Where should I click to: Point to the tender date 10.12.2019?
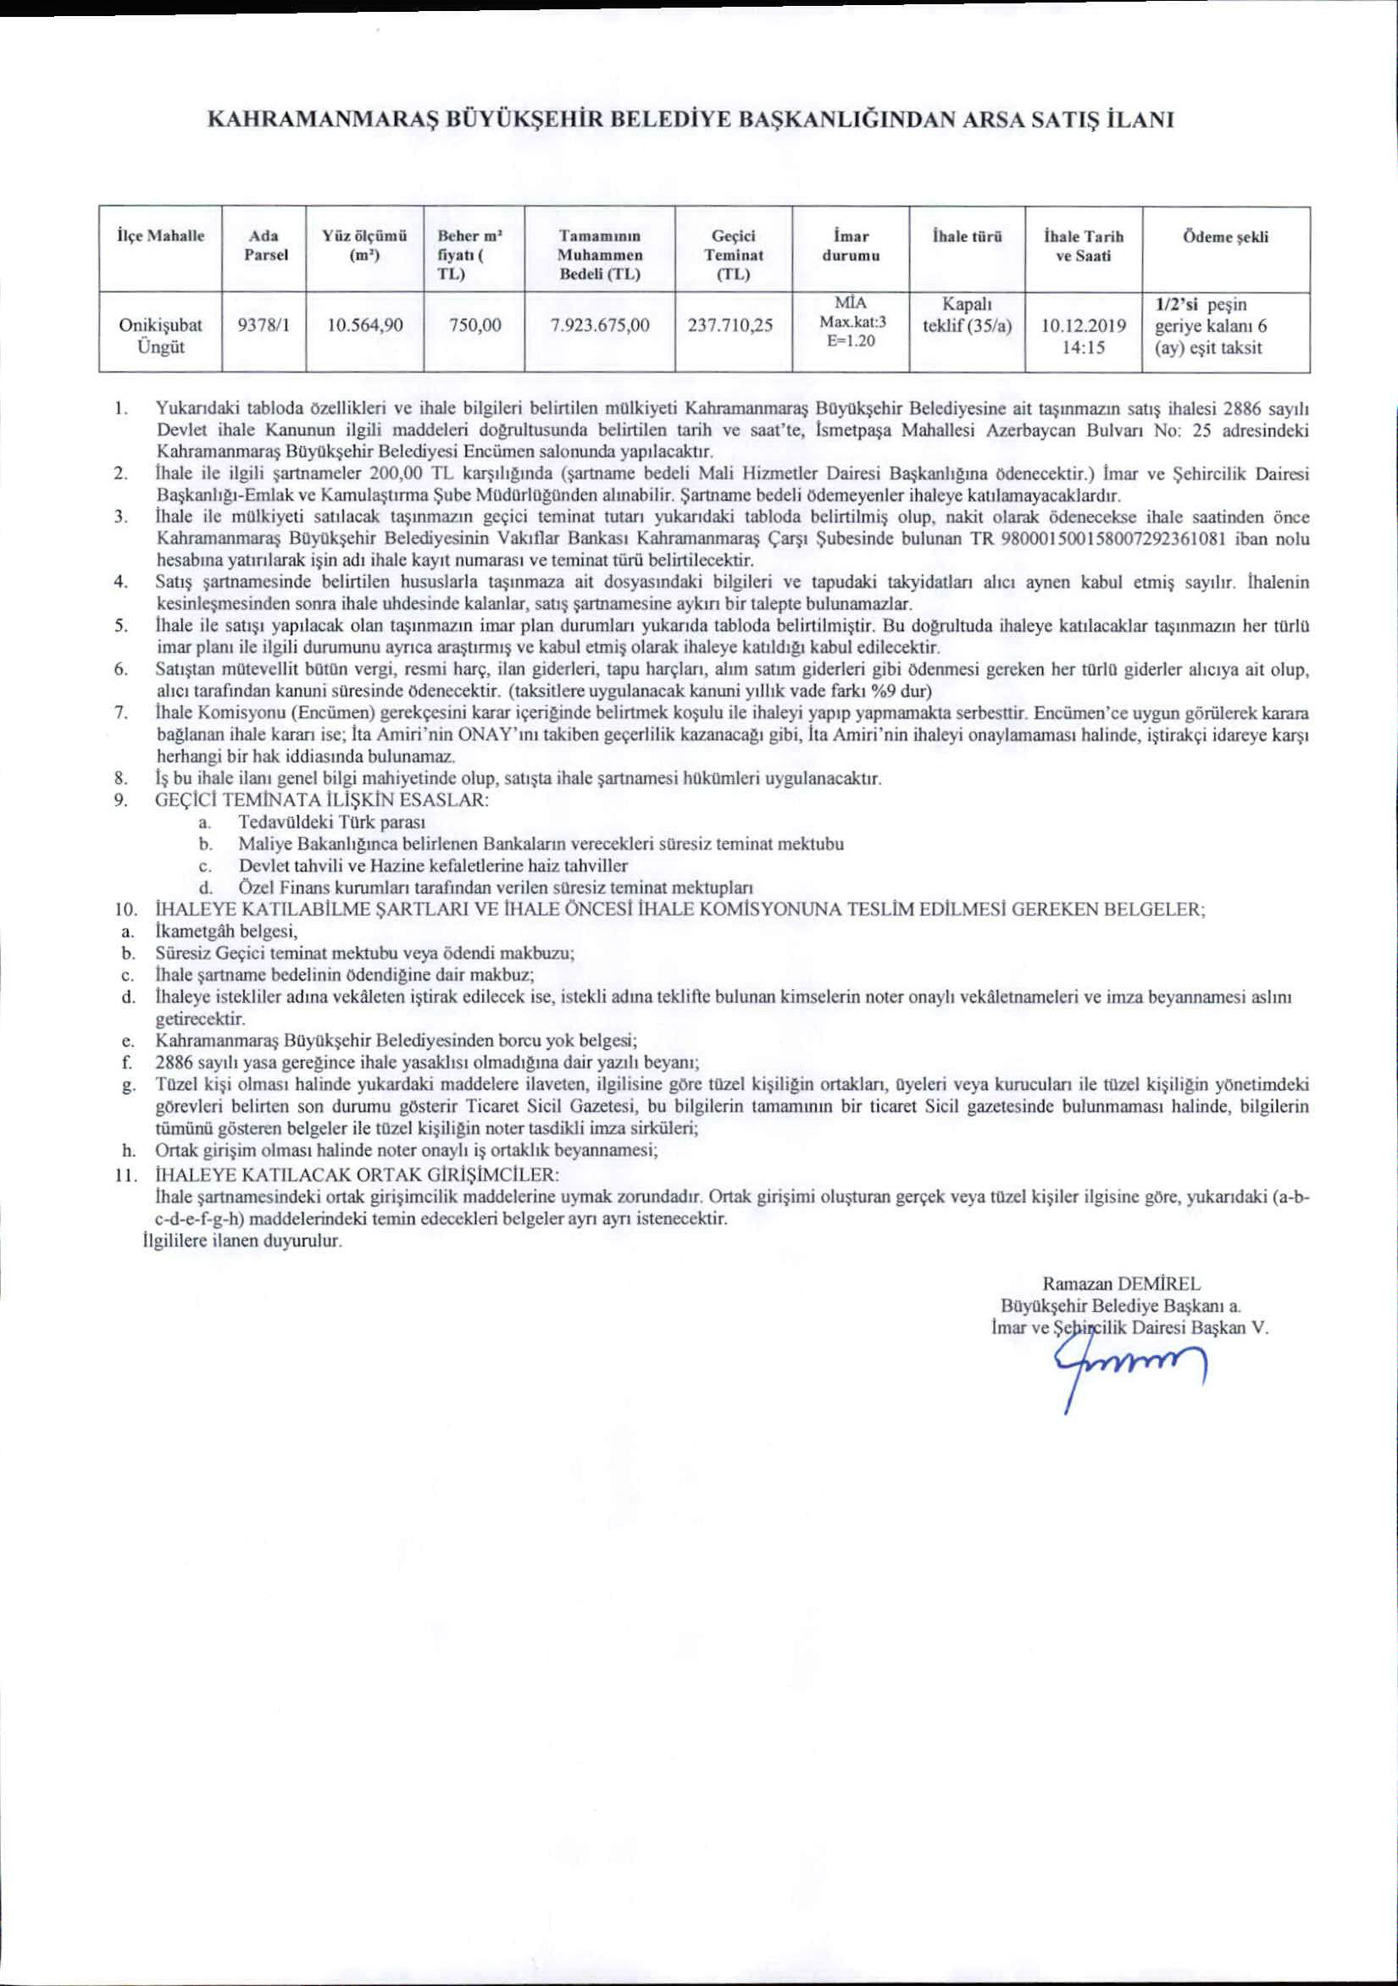(x=1083, y=326)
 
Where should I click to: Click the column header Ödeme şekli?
(x=1226, y=237)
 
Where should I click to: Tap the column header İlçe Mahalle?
(x=160, y=235)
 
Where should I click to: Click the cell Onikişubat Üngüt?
(x=161, y=336)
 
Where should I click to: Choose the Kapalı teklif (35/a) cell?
(x=968, y=317)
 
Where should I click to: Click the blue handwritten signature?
(x=1124, y=1368)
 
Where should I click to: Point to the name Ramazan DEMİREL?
(x=1121, y=1284)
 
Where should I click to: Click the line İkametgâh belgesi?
(x=227, y=932)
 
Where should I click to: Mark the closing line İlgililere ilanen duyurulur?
(x=242, y=1242)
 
